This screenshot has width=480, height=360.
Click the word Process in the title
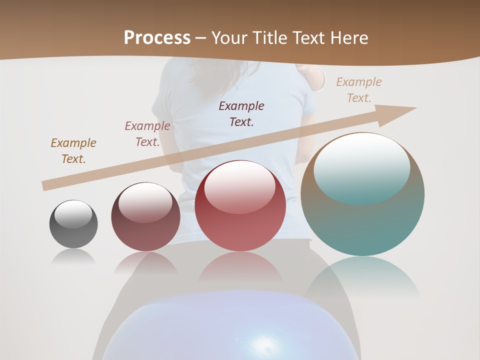click(x=157, y=38)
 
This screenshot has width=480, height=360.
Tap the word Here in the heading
click(x=348, y=38)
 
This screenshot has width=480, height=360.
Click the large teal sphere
click(x=362, y=220)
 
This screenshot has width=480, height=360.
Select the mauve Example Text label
click(x=147, y=134)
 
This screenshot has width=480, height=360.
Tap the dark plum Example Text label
click(x=241, y=113)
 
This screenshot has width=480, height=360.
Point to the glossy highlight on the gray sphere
click(x=73, y=214)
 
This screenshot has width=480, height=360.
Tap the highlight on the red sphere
click(x=239, y=186)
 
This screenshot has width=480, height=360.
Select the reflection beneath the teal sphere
click(x=362, y=280)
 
